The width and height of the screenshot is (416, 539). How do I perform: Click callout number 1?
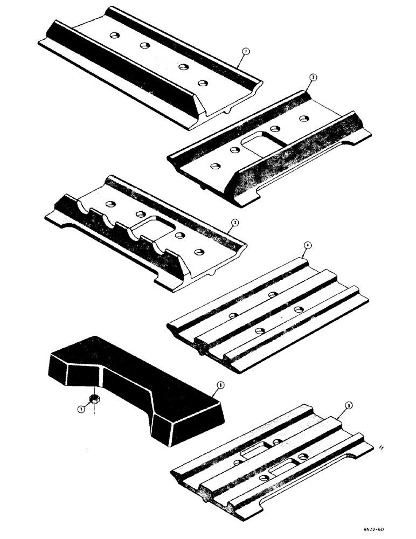click(245, 52)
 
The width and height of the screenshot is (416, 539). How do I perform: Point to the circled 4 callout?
click(307, 246)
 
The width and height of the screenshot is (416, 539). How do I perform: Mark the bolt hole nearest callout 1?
click(203, 82)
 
